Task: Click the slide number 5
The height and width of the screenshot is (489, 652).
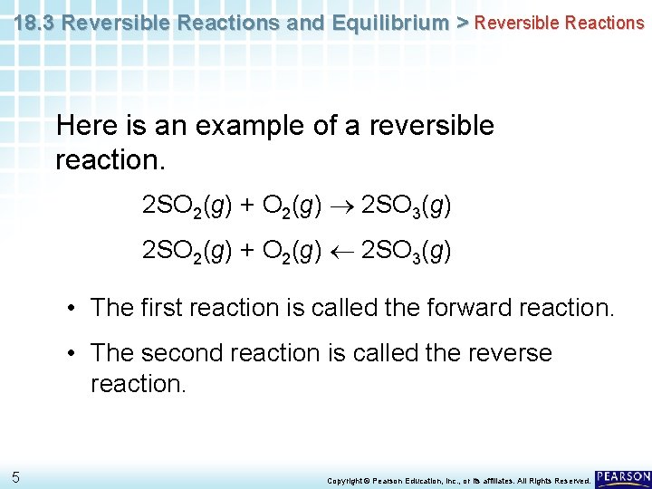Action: tap(16, 477)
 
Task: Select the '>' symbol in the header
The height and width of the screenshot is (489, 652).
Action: tap(461, 22)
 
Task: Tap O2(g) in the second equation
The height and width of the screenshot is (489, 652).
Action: tap(292, 250)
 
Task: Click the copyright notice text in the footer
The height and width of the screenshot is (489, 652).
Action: tap(458, 480)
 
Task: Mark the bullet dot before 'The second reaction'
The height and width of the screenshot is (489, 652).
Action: tap(70, 353)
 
